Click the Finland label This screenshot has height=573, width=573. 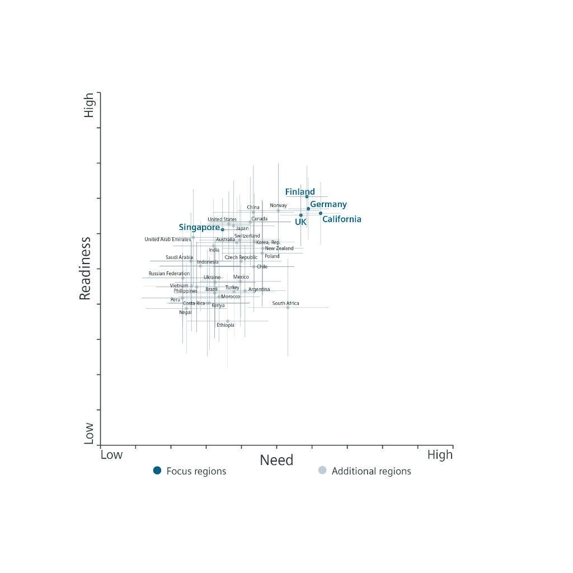coord(300,192)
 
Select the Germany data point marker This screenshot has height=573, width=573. coord(308,209)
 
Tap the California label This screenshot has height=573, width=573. coord(341,219)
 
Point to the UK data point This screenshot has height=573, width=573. coord(301,215)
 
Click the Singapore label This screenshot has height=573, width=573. coord(199,228)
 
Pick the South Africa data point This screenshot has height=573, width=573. coord(288,307)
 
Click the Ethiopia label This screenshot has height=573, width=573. coord(226,325)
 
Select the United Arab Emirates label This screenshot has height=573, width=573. coord(167,239)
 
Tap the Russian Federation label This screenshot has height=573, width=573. coord(169,274)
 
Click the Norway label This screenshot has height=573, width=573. coord(278,205)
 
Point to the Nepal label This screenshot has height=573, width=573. coord(185,312)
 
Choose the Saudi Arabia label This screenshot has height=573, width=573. coord(179,257)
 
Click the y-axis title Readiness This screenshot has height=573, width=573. coord(85,269)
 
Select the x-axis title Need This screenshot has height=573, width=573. coord(276,461)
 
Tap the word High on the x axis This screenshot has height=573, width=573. coord(440,455)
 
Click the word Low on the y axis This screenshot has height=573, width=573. coord(89,433)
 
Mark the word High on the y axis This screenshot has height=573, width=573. coord(89,105)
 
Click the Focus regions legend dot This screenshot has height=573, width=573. coord(157,471)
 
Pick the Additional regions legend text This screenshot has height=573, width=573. coord(371,471)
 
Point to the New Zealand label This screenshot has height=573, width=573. coord(279,248)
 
